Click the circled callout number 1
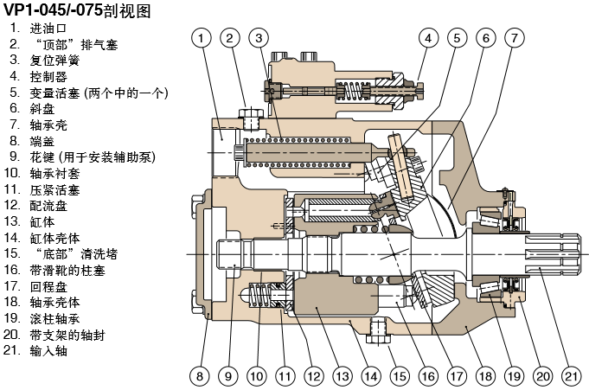(x=201, y=37)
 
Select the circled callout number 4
(x=427, y=37)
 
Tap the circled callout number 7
(x=515, y=37)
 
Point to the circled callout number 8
(x=200, y=376)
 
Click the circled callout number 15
(x=399, y=376)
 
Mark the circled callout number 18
(x=484, y=376)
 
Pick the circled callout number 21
(x=571, y=376)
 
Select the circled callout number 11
(x=285, y=376)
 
